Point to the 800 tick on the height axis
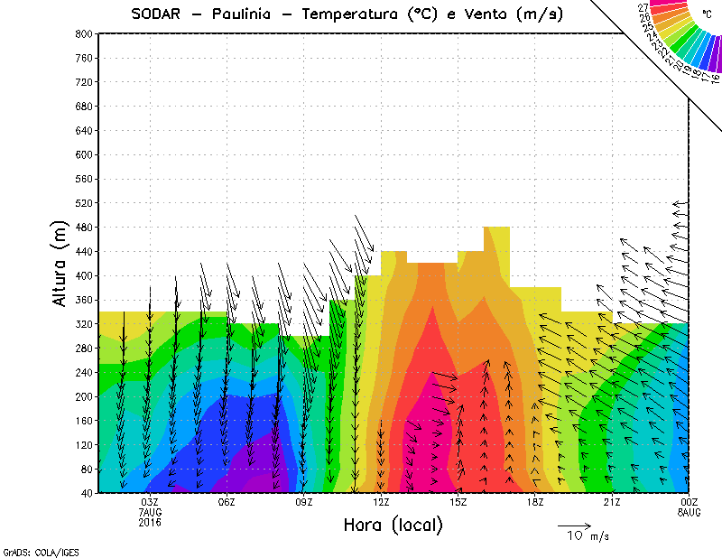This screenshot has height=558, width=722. (x=84, y=33)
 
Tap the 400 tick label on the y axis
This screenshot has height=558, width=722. (x=84, y=275)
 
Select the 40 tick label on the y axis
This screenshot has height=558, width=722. (x=87, y=493)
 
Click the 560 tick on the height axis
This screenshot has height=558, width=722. (x=84, y=179)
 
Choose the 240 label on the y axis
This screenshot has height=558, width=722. (x=84, y=372)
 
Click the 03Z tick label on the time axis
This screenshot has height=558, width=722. (x=150, y=502)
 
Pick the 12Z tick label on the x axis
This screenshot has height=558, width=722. (x=381, y=502)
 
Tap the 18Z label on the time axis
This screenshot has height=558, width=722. (x=535, y=502)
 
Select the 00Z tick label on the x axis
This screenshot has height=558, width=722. (x=689, y=502)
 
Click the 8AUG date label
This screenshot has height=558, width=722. (x=689, y=512)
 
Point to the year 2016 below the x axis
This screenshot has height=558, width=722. (x=150, y=522)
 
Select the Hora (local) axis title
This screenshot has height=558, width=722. (x=393, y=525)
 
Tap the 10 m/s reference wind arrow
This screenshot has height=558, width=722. (x=574, y=525)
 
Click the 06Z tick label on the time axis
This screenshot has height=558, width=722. (x=227, y=502)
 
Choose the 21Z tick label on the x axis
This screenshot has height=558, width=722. (x=612, y=502)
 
